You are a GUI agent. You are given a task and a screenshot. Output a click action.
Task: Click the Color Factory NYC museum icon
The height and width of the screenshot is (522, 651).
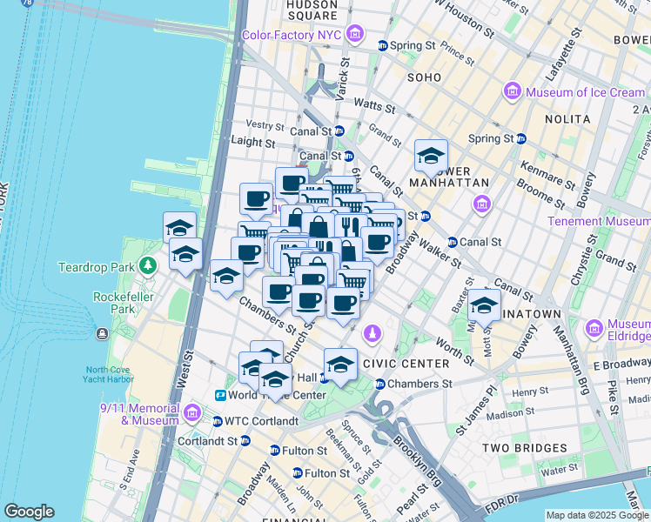coord(353,35)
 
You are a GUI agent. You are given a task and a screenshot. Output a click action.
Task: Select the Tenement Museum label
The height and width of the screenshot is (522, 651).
coord(598,222)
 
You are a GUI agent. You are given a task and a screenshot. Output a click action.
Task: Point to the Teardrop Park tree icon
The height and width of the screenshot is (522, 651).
coord(149,264)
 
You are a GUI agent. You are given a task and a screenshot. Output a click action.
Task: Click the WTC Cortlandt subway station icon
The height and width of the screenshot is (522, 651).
coord(217,422)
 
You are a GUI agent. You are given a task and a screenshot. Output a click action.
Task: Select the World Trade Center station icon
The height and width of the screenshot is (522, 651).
coord(221,395)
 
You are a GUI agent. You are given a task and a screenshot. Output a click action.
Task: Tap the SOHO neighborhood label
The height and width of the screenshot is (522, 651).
coord(424,77)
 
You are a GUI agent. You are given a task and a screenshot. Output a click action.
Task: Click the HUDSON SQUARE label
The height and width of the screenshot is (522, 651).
coord(311,10)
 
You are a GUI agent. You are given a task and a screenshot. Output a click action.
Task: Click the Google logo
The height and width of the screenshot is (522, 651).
coord(29,512)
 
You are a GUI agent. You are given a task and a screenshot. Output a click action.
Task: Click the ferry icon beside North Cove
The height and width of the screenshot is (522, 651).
coord(103,333)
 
